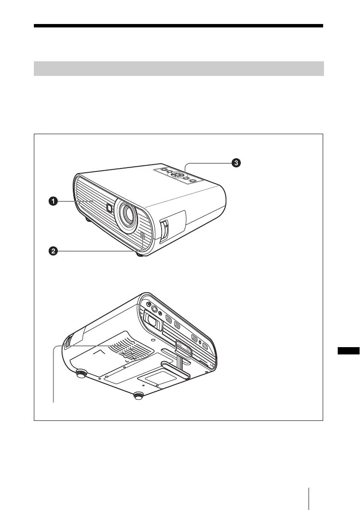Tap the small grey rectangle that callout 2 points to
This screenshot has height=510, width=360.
[142, 236]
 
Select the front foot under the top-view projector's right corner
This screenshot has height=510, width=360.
[140, 253]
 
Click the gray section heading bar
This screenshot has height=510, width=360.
[179, 69]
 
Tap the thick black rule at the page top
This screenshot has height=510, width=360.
[179, 26]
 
